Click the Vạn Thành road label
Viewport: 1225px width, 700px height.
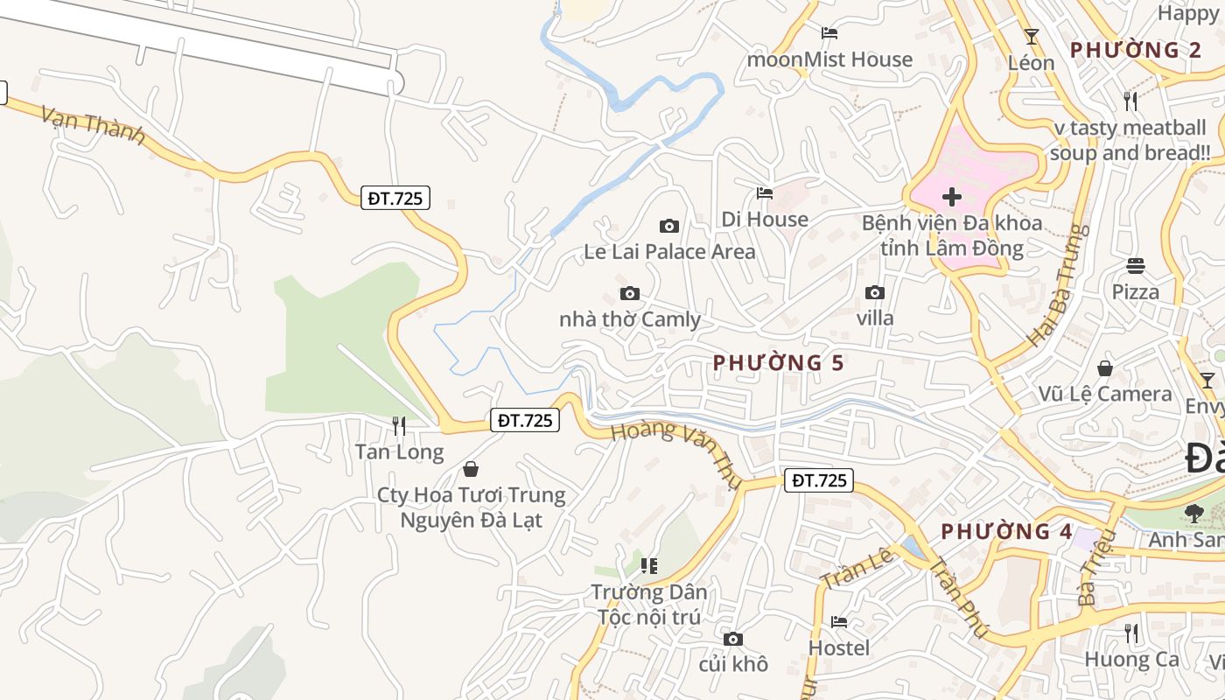[93, 126]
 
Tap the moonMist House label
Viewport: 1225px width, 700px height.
[829, 59]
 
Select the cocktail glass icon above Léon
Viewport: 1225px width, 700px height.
[1032, 37]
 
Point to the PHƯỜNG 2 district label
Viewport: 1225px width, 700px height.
[1135, 50]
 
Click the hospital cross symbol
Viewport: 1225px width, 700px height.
[952, 197]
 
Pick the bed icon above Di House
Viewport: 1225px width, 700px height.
[765, 193]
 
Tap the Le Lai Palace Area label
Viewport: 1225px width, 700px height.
[669, 252]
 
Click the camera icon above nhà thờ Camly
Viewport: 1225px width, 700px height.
[629, 294]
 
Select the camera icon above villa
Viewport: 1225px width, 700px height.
[874, 293]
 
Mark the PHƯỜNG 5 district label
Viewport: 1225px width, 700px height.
[779, 362]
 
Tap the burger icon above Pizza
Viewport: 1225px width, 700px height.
[1136, 266]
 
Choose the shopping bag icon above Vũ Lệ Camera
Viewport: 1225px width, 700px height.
[1105, 368]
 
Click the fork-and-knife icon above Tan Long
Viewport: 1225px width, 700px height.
[399, 426]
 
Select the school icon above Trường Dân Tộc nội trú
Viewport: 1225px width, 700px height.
[648, 566]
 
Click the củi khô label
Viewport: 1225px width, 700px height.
[733, 664]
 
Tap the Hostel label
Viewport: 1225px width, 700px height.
[839, 647]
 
